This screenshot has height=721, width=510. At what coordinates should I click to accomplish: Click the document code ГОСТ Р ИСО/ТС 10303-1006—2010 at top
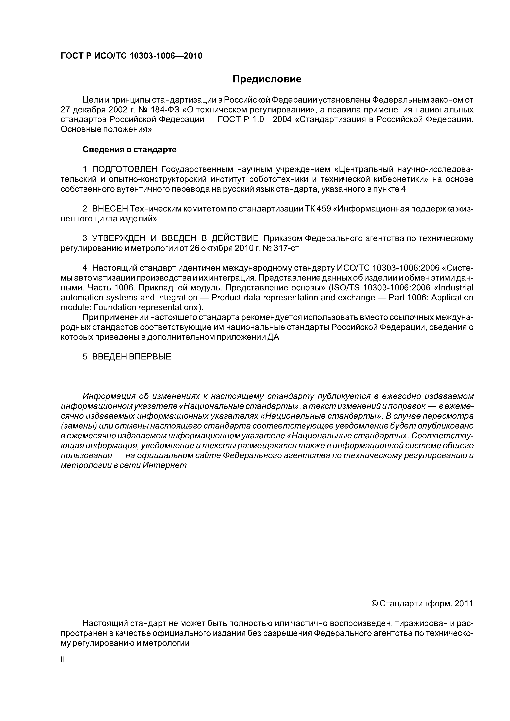[x=131, y=56]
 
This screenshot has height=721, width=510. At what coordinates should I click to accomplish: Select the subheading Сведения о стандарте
[x=130, y=150]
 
